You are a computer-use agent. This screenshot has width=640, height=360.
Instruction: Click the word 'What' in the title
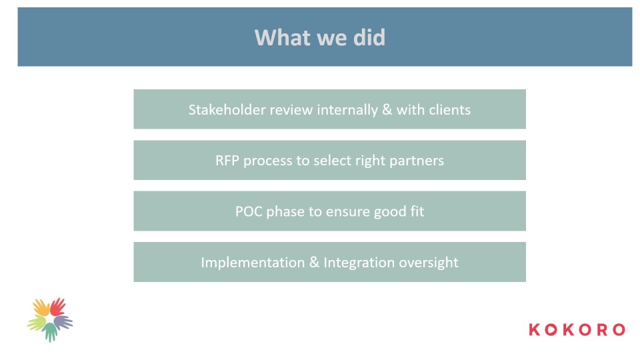[283, 37]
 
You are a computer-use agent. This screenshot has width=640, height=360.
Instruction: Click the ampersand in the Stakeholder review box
[387, 110]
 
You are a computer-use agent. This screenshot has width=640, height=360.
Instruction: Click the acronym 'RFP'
[227, 161]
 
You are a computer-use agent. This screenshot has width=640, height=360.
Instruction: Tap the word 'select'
[332, 161]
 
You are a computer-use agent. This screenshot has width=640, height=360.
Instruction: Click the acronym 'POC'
[249, 211]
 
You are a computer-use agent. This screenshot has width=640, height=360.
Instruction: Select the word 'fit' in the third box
[418, 211]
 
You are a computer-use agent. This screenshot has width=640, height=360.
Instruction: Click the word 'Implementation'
[253, 263]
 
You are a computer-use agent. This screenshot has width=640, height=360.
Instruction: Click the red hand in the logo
[57, 307]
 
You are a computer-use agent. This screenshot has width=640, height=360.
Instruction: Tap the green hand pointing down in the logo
[50, 332]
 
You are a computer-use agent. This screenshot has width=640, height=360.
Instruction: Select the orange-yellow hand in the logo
[41, 307]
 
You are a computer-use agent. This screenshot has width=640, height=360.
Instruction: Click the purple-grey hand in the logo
[63, 323]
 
